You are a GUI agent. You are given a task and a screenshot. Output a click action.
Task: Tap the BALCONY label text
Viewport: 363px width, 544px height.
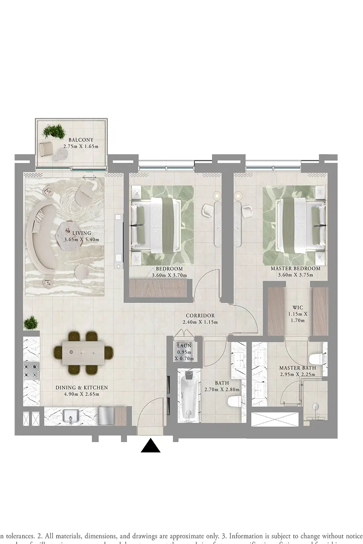tap(81, 140)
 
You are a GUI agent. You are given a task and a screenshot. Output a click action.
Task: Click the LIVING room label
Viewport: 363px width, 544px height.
tap(81, 233)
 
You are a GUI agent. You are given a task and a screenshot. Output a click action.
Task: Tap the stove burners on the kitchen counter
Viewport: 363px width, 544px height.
tap(31, 371)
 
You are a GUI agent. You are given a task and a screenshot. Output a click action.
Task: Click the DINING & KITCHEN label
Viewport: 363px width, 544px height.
tap(81, 388)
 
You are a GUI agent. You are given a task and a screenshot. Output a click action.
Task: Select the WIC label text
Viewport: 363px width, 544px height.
tap(298, 308)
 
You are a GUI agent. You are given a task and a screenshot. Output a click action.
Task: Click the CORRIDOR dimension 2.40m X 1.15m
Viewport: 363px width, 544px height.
tap(200, 322)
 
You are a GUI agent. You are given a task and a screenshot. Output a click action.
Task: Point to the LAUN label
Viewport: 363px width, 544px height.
tap(184, 346)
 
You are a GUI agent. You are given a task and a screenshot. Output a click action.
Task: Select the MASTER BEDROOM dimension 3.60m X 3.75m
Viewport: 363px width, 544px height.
tap(295, 275)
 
